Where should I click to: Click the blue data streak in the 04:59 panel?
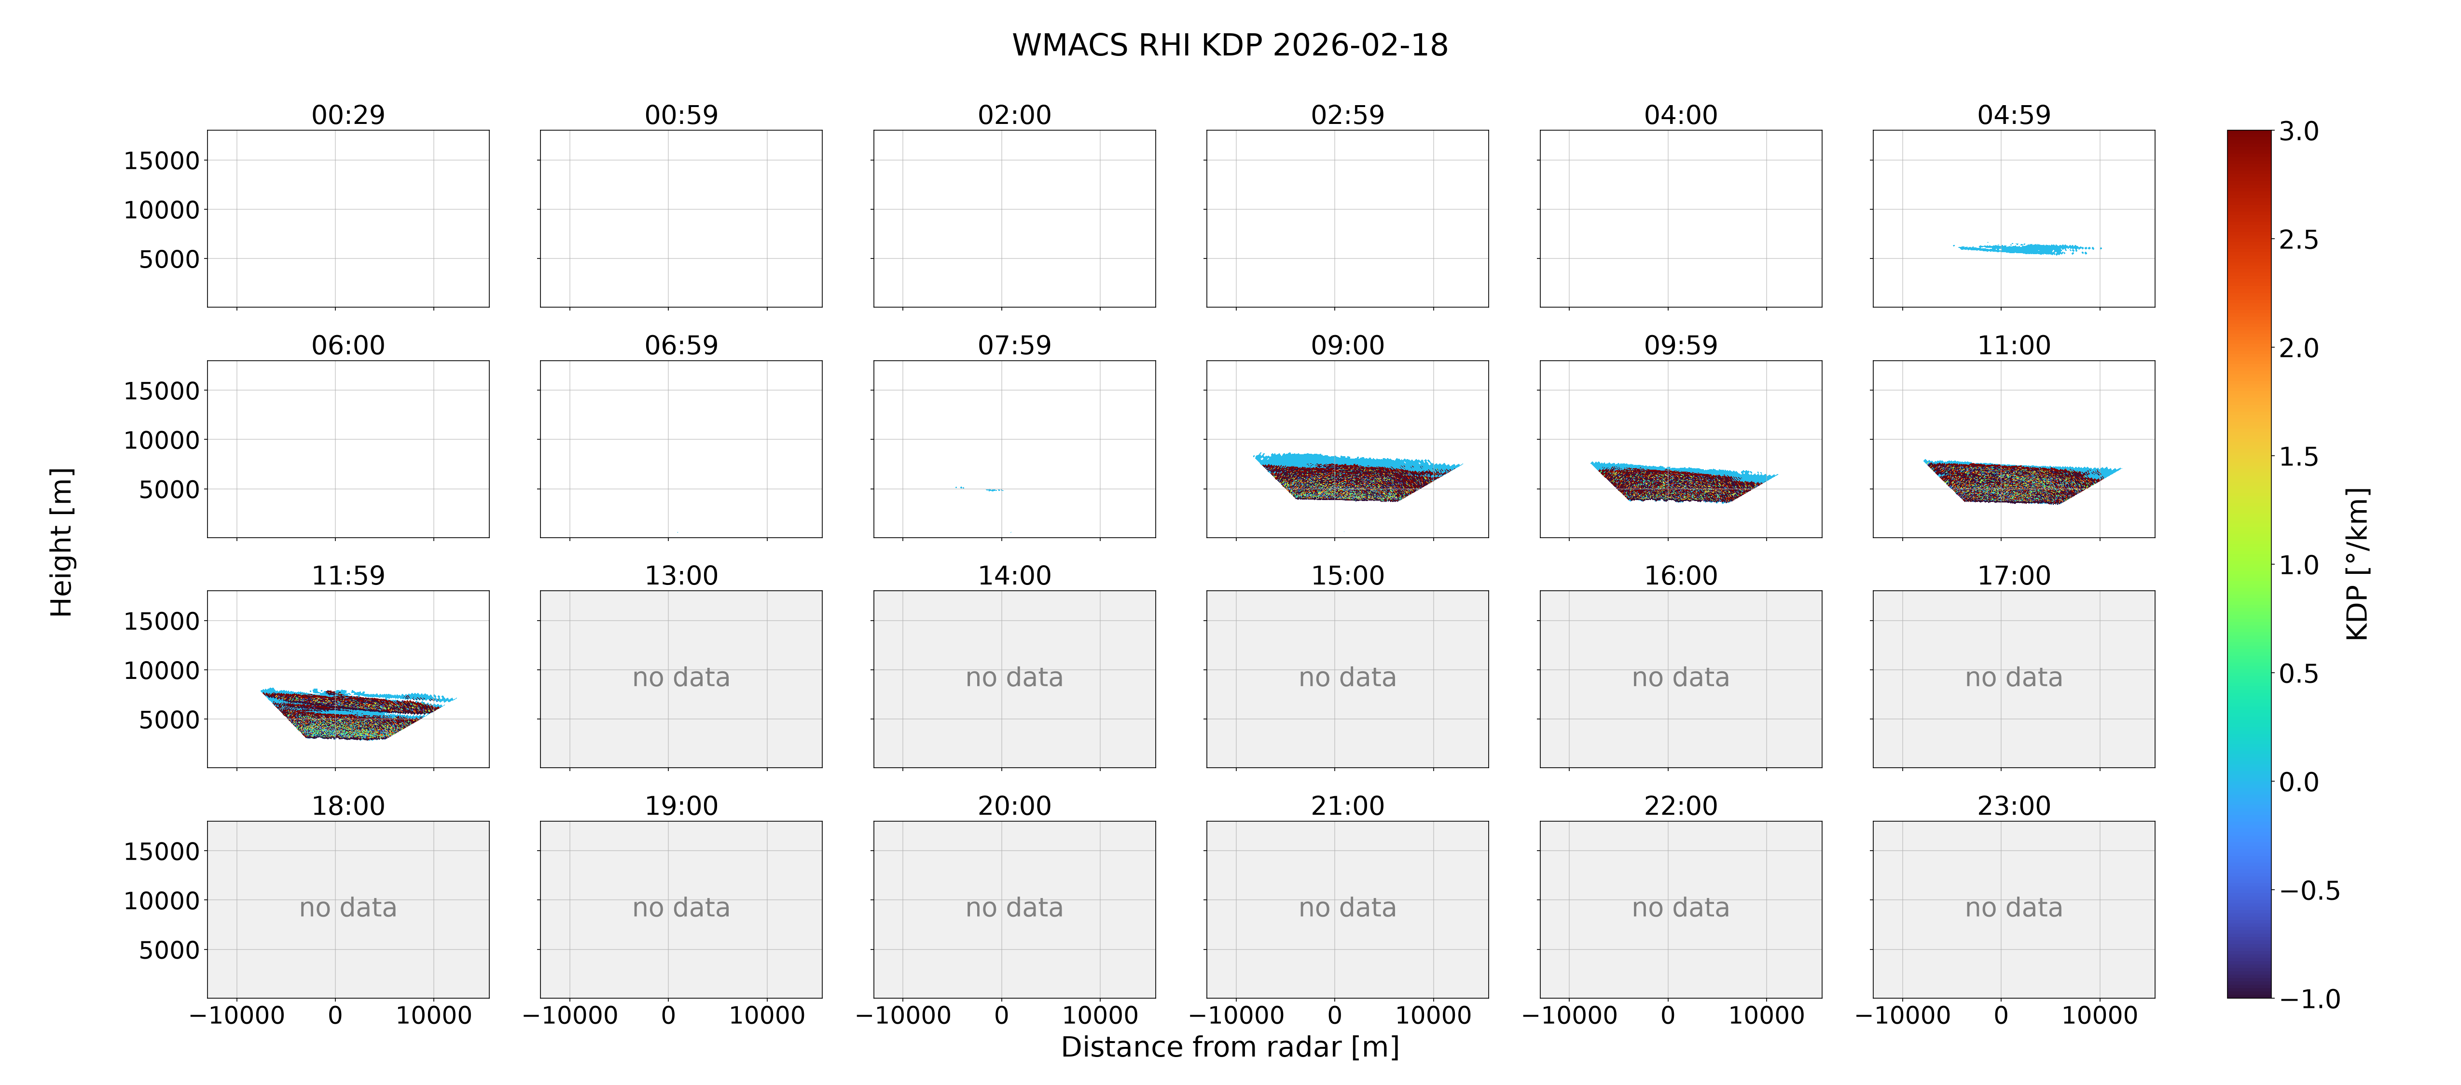(x=2025, y=248)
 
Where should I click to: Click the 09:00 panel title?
(x=1347, y=345)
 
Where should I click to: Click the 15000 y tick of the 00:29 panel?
(x=162, y=161)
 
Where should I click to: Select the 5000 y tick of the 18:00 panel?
(x=169, y=950)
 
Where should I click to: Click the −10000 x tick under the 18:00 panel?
(x=237, y=1015)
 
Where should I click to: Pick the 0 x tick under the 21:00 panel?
(x=1335, y=1015)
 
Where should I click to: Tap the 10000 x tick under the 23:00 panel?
(x=2100, y=1015)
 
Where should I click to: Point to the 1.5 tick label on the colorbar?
(x=2298, y=457)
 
